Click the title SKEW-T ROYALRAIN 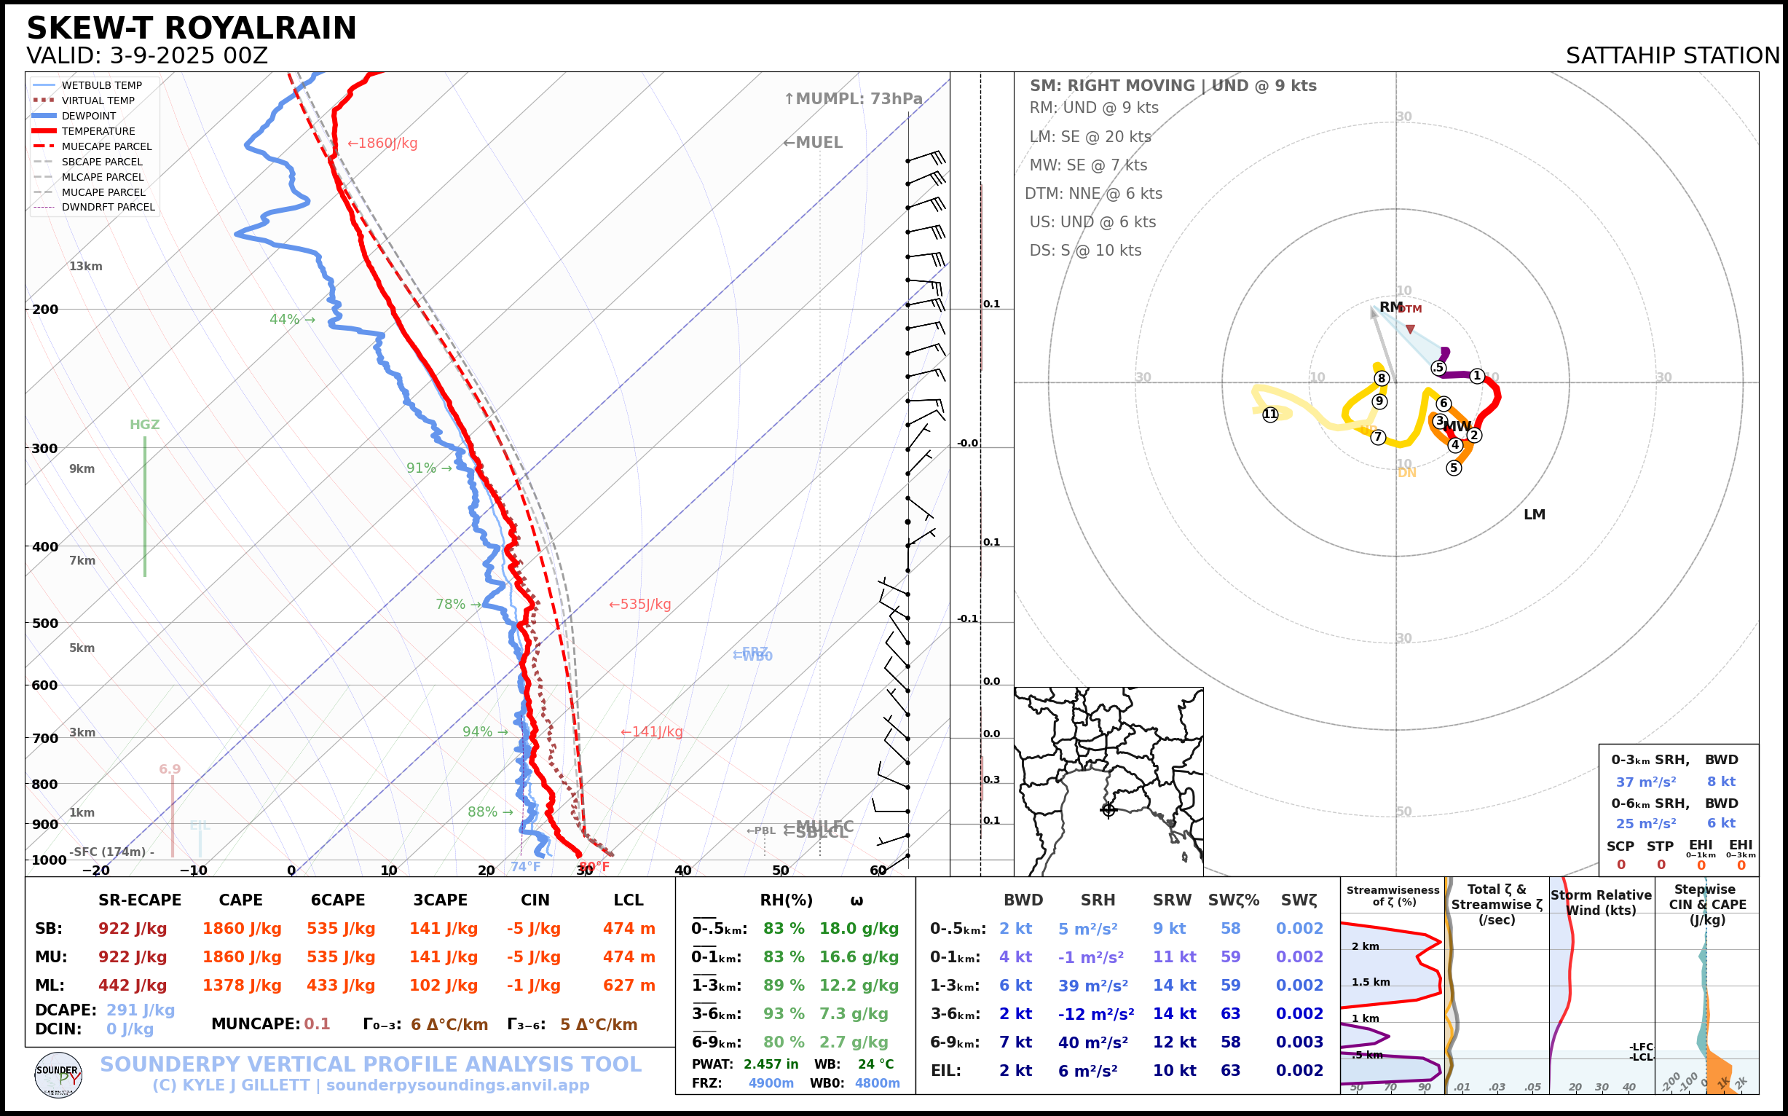[x=191, y=28]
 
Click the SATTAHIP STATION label [x=1672, y=56]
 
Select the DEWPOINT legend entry [x=89, y=116]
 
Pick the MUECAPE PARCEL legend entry [x=106, y=146]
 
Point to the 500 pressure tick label [x=45, y=623]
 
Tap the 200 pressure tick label [x=45, y=310]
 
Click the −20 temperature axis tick [x=95, y=871]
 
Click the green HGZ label [x=145, y=425]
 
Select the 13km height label [x=86, y=267]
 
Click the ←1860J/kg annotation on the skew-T [x=382, y=144]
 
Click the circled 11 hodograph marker [x=1270, y=414]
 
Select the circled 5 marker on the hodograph [x=1454, y=467]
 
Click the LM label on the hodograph [x=1534, y=514]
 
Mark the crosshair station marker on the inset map [x=1108, y=810]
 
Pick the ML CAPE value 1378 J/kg [x=242, y=986]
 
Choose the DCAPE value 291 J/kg [x=141, y=1010]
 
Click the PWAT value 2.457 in [x=771, y=1064]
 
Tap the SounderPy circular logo [x=58, y=1074]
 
